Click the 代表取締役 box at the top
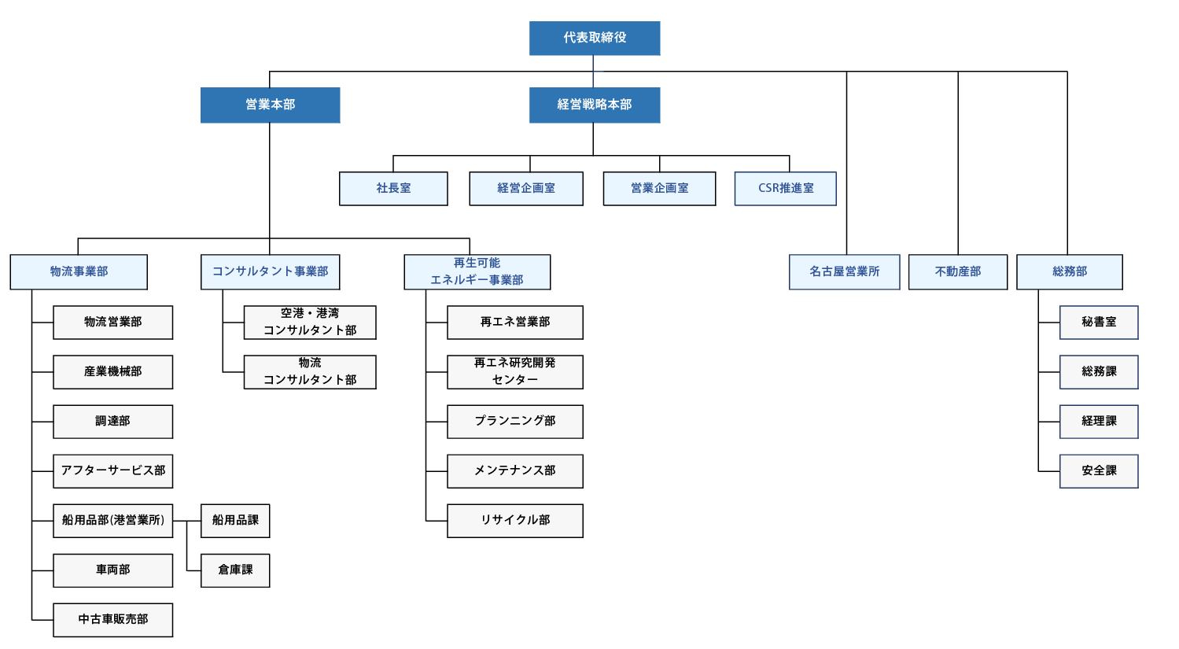pos(594,38)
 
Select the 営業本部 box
pos(270,105)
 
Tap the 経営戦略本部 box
pos(594,105)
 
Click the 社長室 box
pos(393,189)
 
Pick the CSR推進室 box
pos(785,189)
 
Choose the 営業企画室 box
pos(659,189)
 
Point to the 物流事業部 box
pos(79,271)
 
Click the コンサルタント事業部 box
pos(270,271)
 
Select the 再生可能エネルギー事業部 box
pos(477,271)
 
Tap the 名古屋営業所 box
pos(844,271)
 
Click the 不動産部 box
pos(957,271)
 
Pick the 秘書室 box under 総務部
pos(1098,322)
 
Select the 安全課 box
pos(1098,470)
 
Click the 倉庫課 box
pos(235,570)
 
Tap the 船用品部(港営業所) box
pos(112,521)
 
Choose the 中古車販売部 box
pos(112,620)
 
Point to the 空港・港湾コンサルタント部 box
pos(310,322)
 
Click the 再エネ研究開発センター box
pos(514,371)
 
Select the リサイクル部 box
pos(514,521)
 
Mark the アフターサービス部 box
pos(112,470)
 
